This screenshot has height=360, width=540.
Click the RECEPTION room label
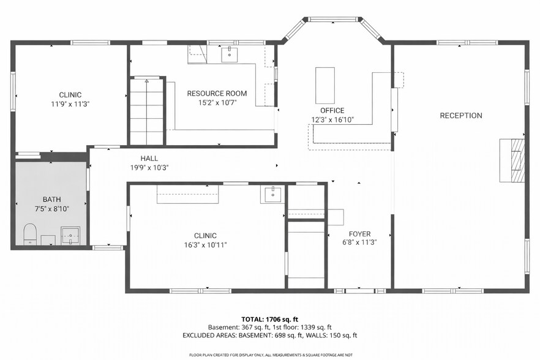click(461, 116)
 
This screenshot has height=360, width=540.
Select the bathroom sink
click(71, 235)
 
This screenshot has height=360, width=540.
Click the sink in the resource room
click(230, 54)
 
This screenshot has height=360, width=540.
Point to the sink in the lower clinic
click(272, 195)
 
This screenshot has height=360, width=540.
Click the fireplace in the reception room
click(512, 160)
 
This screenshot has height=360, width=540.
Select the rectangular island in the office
click(325, 85)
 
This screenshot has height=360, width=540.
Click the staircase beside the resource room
click(146, 111)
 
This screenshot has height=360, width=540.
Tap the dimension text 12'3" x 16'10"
click(332, 120)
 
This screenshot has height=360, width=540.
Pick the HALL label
click(149, 158)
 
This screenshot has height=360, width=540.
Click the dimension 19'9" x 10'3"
click(149, 167)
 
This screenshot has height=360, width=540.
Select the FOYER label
click(359, 234)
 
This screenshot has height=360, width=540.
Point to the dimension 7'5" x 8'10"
click(51, 209)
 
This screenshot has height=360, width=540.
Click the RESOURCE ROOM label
click(217, 94)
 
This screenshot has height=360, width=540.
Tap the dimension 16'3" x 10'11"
click(205, 245)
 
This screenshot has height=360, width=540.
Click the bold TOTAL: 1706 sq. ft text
click(269, 320)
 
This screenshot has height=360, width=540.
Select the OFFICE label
click(332, 111)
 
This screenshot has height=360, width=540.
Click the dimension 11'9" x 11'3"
click(70, 104)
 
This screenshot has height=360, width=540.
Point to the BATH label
click(51, 200)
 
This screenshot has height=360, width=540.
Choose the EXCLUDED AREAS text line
click(269, 336)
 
